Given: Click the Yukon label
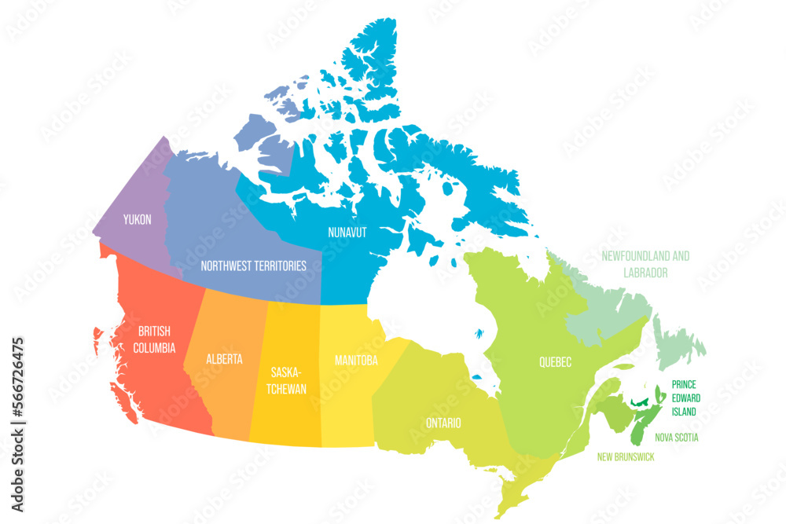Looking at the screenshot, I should coord(136,220).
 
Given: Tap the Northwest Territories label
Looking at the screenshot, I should coord(253,266).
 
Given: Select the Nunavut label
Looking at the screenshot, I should coord(348,233).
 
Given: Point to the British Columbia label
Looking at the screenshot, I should coord(154,339).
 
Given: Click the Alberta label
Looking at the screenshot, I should coord(224,359).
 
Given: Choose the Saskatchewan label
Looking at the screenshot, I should coord(287,379).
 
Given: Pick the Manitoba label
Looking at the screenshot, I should coord(356,361).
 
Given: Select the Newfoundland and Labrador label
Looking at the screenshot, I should coord(645,264).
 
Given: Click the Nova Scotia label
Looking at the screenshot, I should coord(676,437).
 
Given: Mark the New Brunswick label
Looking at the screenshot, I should coord(626,456).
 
